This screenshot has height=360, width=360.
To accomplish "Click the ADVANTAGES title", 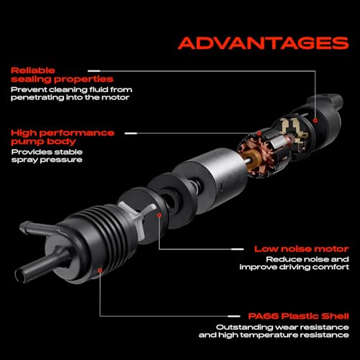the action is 264,43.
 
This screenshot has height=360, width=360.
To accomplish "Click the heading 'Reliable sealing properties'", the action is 62,75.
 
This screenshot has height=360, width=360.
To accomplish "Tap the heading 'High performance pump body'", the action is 63,138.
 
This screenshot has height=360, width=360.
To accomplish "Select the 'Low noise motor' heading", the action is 302,249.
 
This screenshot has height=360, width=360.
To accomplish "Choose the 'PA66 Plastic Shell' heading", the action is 298,316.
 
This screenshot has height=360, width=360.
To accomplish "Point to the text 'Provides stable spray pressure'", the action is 47,156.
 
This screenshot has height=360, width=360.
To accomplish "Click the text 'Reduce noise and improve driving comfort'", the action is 294,264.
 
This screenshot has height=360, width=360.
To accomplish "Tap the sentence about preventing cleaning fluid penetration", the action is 71,94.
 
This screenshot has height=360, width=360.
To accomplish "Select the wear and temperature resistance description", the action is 274,331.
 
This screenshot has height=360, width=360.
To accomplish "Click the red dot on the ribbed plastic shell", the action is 100,271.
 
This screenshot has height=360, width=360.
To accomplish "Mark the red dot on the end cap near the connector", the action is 315,120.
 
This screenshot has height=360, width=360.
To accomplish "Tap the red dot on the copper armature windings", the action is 259,133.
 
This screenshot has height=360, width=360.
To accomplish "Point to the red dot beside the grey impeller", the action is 159,215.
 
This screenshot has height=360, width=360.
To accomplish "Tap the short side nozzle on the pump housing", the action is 38,228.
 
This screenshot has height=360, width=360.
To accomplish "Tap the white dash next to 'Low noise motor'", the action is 237,249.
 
